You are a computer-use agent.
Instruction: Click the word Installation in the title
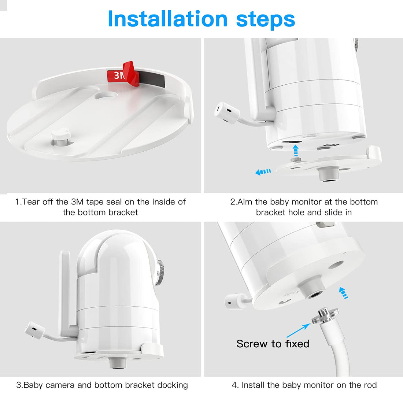coord(167,19)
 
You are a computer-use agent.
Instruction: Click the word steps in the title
coord(266,20)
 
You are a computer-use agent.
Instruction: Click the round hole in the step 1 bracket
coord(106,95)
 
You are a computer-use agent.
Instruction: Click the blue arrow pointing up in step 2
coord(296,150)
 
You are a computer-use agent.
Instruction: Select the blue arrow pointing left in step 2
coord(263,172)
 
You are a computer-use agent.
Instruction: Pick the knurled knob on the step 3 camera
coord(160,272)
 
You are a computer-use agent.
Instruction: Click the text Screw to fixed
coord(273,344)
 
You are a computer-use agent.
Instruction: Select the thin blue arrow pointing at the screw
coord(298,330)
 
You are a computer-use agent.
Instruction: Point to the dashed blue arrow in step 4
coord(344,293)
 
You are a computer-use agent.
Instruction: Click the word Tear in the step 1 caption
coord(31,202)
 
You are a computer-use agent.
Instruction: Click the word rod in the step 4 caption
coord(370,385)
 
